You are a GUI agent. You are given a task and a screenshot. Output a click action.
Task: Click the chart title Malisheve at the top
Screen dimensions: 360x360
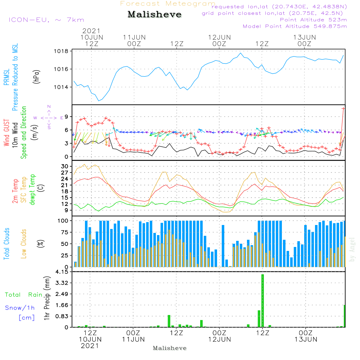pyautogui.click(x=154, y=14)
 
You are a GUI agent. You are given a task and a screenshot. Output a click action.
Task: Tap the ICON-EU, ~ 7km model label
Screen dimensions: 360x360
pyautogui.click(x=46, y=20)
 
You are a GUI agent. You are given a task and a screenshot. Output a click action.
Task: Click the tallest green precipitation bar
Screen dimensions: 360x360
pyautogui.click(x=263, y=300)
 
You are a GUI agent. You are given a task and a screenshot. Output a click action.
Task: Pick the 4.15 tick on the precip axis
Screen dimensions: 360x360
pyautogui.click(x=62, y=272)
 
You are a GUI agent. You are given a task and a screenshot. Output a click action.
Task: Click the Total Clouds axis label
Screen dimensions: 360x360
pyautogui.click(x=7, y=244)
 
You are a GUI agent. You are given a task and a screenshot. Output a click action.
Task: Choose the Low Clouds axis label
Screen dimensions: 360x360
pyautogui.click(x=24, y=244)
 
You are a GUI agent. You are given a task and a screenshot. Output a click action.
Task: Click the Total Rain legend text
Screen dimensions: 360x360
pyautogui.click(x=23, y=295)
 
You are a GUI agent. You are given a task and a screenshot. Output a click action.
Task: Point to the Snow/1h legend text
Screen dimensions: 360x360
pyautogui.click(x=20, y=308)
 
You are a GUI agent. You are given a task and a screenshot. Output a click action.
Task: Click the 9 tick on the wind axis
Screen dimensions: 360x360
pyautogui.click(x=66, y=117)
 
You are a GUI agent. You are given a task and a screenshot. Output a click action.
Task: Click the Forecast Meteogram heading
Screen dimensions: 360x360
pyautogui.click(x=168, y=4)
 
